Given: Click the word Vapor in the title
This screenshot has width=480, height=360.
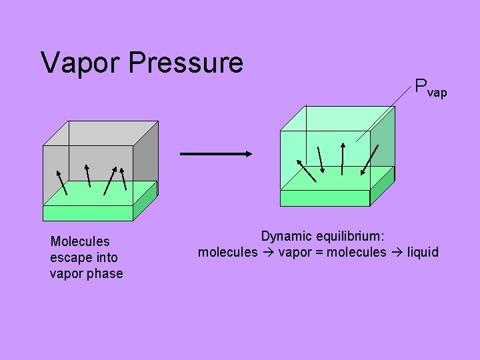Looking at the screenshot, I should [81, 63].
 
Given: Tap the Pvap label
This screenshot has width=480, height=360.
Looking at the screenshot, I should [430, 88].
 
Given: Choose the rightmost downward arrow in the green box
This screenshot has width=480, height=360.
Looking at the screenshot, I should [369, 161].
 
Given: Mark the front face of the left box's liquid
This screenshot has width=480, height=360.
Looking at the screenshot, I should [88, 213].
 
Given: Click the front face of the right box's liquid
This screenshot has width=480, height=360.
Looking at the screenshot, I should [325, 198].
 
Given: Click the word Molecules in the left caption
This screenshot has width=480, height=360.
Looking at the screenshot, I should [80, 241].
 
